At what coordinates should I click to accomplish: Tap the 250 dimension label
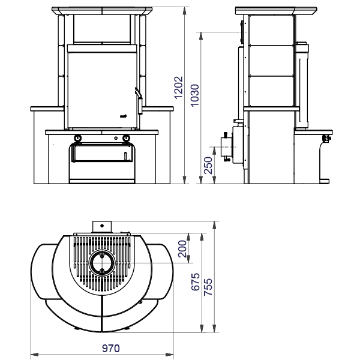click(x=208, y=164)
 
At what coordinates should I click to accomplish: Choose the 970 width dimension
click(x=102, y=348)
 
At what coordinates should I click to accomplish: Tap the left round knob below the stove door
click(x=78, y=139)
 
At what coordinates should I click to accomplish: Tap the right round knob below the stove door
click(x=126, y=139)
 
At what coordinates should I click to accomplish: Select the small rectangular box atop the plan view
click(x=101, y=226)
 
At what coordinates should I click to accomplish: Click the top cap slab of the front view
click(x=102, y=11)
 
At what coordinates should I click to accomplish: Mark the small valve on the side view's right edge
click(x=327, y=139)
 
